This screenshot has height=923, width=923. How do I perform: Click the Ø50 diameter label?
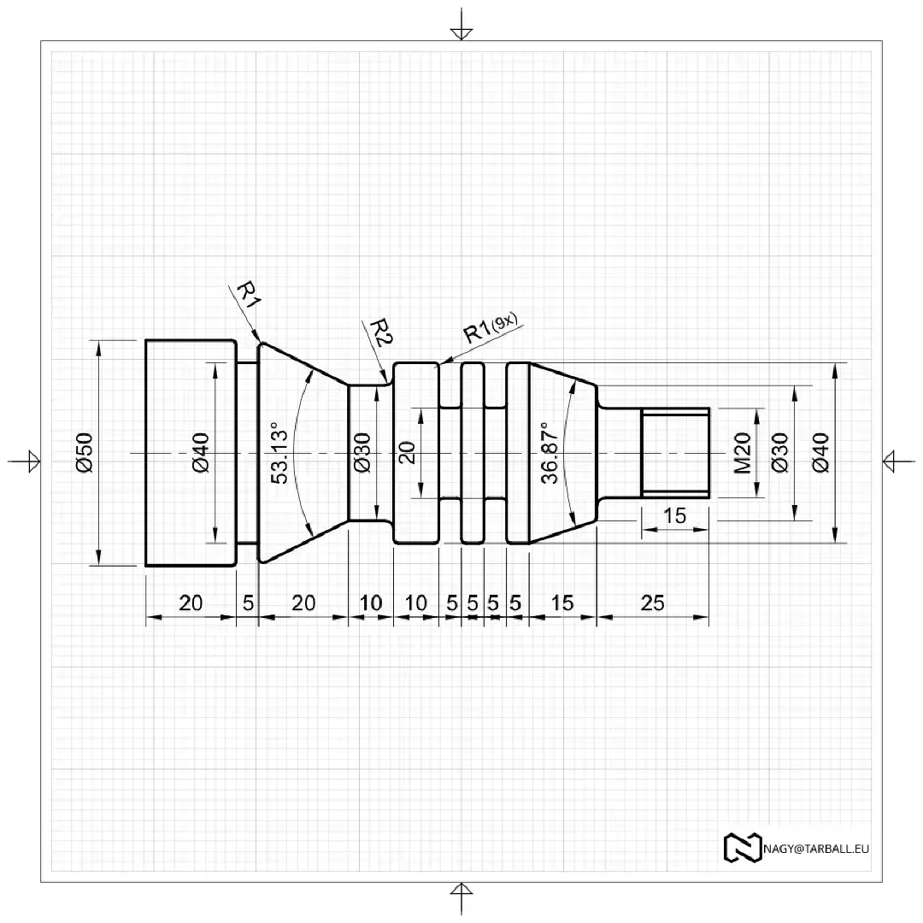tap(85, 452)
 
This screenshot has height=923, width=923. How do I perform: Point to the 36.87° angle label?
tap(550, 453)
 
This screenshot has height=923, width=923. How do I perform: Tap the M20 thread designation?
tap(743, 453)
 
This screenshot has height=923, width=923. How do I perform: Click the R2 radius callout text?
tap(381, 332)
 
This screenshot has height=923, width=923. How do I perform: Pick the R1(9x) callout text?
tap(491, 327)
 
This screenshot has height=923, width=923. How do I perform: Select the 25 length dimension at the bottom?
tap(652, 603)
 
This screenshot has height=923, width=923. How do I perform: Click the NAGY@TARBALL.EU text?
tap(816, 849)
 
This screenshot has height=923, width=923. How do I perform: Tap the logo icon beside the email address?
tap(743, 849)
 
